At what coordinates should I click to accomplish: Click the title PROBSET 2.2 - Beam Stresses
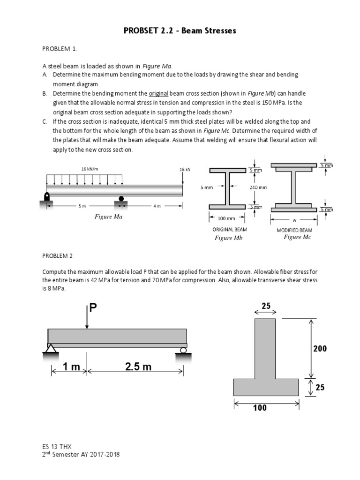coord(180,31)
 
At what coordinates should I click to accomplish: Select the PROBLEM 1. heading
coord(59,48)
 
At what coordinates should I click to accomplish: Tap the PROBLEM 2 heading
coord(58,256)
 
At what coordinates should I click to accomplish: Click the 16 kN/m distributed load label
coord(90,169)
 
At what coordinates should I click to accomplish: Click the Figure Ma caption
coord(108,217)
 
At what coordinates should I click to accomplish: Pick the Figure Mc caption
coord(297,237)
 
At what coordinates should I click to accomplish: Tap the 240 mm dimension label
coord(258,187)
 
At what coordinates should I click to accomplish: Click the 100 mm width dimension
coord(227,218)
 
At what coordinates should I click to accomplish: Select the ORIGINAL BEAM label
coord(230,230)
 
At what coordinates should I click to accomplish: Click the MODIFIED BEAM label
coord(294,230)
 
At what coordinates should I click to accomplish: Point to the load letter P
coord(93,307)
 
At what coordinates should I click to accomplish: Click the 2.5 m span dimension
coord(138,367)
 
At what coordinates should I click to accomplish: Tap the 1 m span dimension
coord(72,367)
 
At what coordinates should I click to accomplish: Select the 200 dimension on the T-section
coord(320,349)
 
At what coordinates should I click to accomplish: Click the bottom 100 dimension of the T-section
coord(260,408)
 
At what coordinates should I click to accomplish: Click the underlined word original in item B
coord(158,93)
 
